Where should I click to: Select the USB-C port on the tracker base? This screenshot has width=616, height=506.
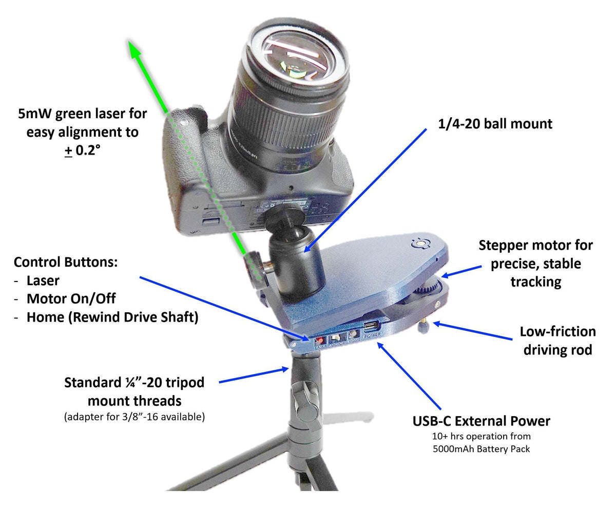(371, 326)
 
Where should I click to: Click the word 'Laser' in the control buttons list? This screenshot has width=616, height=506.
(43, 281)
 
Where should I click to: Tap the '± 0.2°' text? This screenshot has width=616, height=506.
(82, 152)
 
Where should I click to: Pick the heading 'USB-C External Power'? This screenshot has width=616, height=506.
(482, 421)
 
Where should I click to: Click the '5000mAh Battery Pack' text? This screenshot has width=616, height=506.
(482, 448)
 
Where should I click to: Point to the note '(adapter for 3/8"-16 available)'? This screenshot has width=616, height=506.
(134, 417)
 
